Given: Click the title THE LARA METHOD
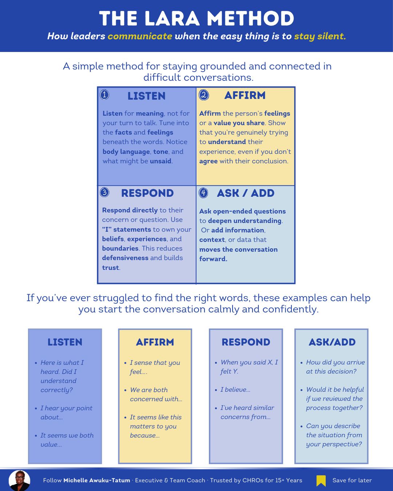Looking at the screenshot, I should (196, 19).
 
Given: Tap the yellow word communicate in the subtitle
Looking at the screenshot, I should (140, 36).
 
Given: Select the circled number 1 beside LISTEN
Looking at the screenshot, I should (104, 95).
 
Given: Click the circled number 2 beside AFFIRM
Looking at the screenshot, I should (204, 95).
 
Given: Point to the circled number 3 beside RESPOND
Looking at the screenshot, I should (104, 192).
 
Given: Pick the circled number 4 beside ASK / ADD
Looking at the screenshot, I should (203, 193).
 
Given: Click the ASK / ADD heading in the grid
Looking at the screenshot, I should (246, 193).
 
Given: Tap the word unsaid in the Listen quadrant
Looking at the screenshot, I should (160, 161).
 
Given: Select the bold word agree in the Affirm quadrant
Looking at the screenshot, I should (208, 161).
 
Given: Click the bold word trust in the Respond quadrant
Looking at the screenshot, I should (111, 268).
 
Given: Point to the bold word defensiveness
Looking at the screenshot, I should (125, 258).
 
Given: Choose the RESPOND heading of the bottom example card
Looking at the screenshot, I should (246, 342).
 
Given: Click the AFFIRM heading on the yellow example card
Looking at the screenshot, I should (155, 342).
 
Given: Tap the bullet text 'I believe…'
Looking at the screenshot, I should (235, 390).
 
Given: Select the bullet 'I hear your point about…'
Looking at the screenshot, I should (66, 412).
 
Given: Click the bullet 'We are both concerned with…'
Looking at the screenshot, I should (156, 394).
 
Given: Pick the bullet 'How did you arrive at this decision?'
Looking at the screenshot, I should (335, 367).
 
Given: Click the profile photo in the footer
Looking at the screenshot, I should (19, 480).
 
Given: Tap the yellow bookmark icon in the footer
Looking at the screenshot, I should (321, 480).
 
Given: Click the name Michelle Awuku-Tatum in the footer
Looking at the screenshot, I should (96, 480).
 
